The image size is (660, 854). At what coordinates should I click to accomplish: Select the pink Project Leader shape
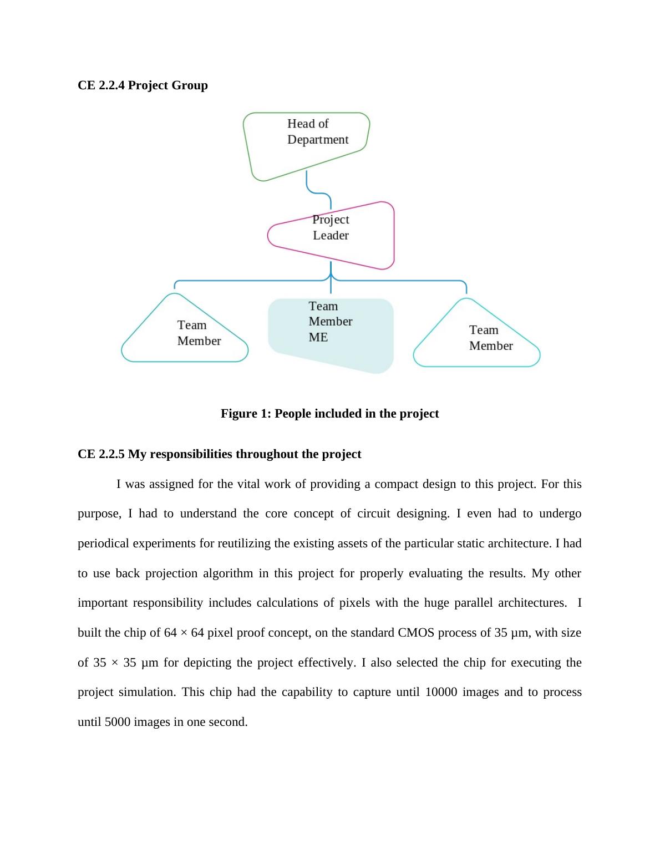[x=344, y=236]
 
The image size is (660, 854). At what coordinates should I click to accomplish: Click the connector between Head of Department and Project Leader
[x=316, y=191]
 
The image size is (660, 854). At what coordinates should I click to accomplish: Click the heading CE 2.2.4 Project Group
[x=143, y=85]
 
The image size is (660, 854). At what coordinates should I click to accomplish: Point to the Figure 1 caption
[x=329, y=414]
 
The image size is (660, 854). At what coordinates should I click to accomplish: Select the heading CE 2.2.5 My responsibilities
[x=219, y=454]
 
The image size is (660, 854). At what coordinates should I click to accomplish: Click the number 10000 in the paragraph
[x=441, y=692]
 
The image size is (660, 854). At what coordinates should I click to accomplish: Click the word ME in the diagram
[x=318, y=337]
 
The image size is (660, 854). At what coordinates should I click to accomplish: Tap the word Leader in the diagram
[x=331, y=235]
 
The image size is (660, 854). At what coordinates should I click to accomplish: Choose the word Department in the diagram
[x=318, y=140]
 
